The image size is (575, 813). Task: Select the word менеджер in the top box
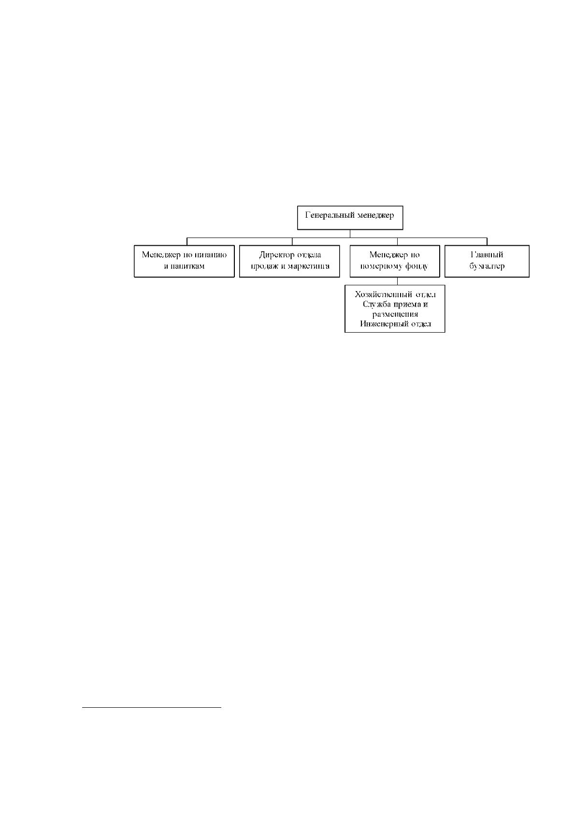pyautogui.click(x=375, y=215)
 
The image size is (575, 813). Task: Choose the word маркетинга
pyautogui.click(x=309, y=266)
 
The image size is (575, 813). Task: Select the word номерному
pyautogui.click(x=380, y=266)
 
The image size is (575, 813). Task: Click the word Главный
pyautogui.click(x=487, y=255)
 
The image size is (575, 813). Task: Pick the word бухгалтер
pyautogui.click(x=487, y=266)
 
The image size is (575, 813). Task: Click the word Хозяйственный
pyautogui.click(x=384, y=294)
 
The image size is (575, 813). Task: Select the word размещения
pyautogui.click(x=395, y=314)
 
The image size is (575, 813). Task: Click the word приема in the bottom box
pyautogui.click(x=408, y=304)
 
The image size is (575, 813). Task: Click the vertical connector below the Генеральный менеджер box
pyautogui.click(x=350, y=234)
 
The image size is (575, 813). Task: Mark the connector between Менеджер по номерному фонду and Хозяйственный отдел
pyautogui.click(x=397, y=281)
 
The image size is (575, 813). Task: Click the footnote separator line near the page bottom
pyautogui.click(x=151, y=707)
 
